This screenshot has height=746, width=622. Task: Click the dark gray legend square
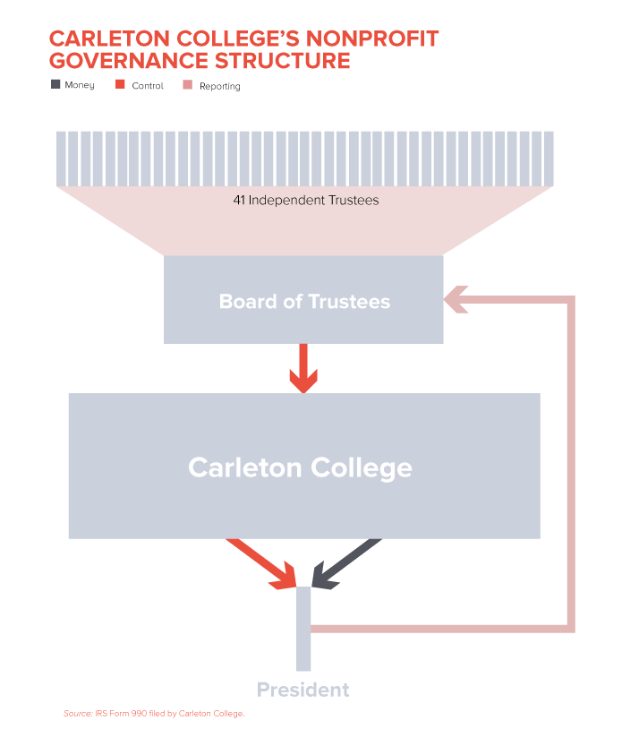click(56, 84)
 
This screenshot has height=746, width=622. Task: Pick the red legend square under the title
click(121, 84)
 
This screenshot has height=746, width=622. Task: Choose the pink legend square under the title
click(187, 84)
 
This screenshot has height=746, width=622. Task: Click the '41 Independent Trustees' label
click(305, 201)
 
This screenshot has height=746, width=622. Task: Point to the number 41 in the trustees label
click(239, 201)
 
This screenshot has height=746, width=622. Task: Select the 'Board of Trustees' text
click(304, 302)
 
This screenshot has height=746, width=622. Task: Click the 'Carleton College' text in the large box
click(300, 467)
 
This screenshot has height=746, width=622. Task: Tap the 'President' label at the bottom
click(302, 690)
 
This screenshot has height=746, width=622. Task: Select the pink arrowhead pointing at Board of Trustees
click(456, 300)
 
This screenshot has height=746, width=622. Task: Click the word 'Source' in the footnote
click(77, 714)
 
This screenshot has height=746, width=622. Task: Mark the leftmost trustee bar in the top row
click(61, 158)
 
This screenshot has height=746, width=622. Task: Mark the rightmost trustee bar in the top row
click(549, 158)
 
